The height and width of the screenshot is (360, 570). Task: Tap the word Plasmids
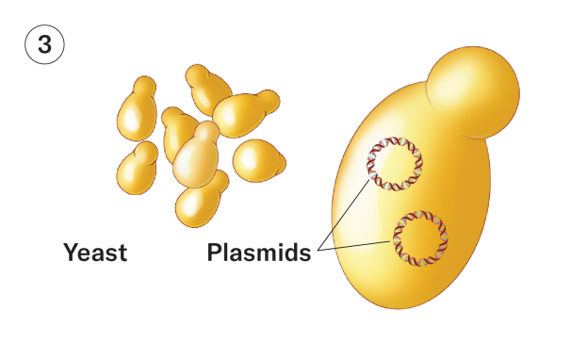click(x=259, y=254)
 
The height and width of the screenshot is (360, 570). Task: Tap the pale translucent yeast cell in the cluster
click(x=195, y=160)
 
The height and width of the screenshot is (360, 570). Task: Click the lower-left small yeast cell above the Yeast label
click(x=137, y=170)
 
